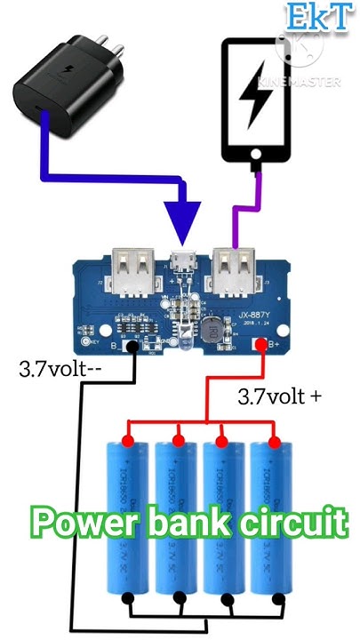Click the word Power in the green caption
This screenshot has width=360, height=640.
pos(85,522)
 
